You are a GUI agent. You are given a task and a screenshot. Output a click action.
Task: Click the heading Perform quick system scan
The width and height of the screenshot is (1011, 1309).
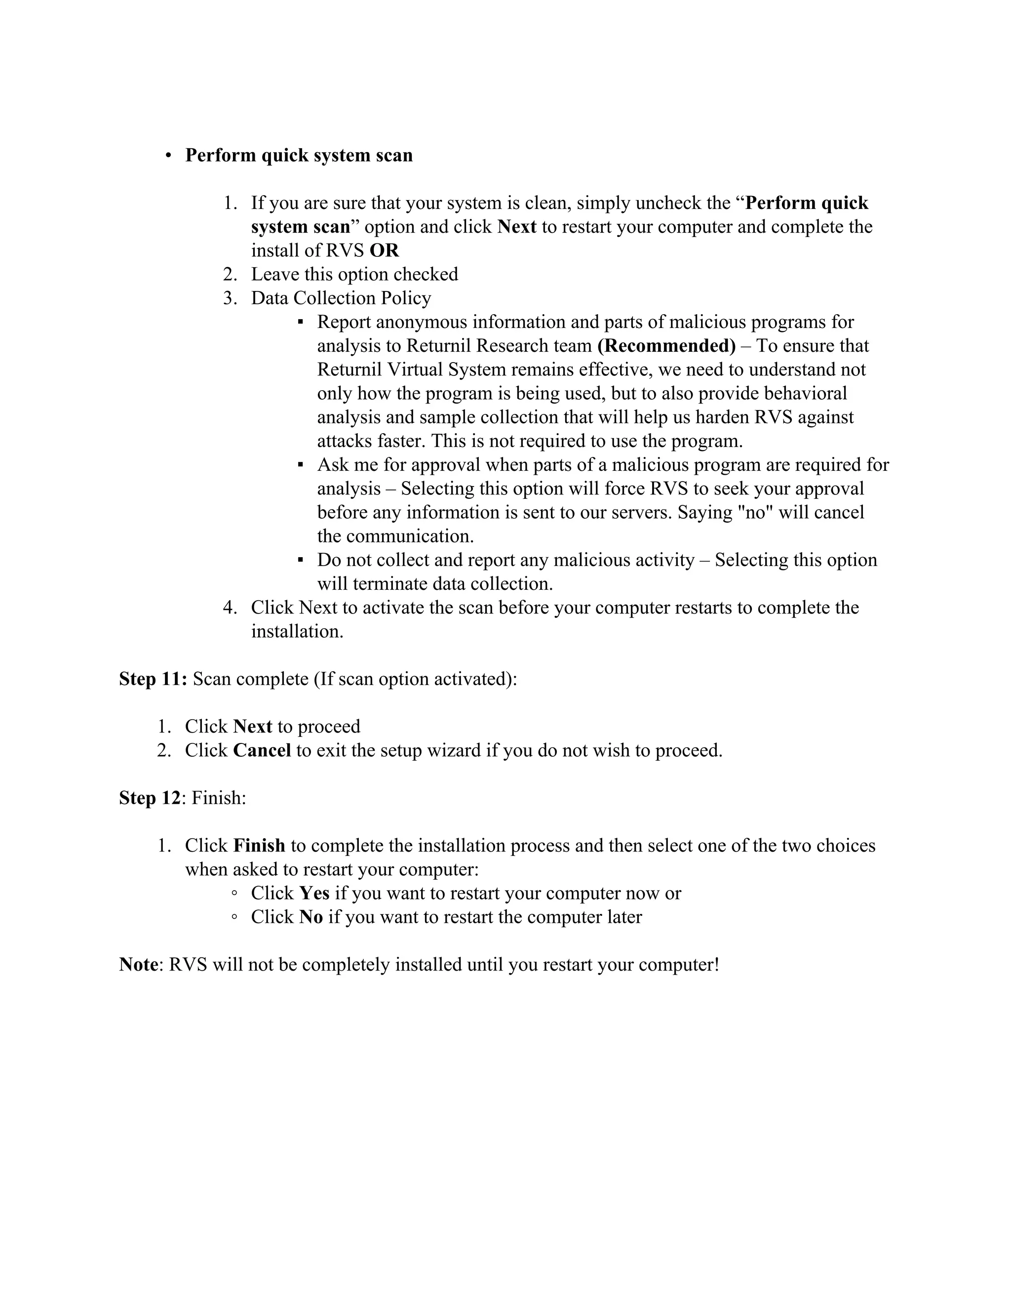(x=298, y=155)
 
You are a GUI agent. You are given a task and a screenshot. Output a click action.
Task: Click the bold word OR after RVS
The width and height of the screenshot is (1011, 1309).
(x=384, y=250)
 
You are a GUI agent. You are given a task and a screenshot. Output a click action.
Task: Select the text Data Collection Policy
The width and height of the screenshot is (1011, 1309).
(x=341, y=298)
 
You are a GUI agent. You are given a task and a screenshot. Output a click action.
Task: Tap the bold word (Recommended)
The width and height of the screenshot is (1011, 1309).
(x=666, y=346)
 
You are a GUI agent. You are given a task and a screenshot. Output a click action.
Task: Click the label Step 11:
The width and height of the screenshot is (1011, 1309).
(x=154, y=679)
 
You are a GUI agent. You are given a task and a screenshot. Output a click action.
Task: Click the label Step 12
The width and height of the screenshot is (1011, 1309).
(x=149, y=798)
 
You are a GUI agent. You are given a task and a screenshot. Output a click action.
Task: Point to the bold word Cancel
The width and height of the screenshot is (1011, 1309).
(x=262, y=750)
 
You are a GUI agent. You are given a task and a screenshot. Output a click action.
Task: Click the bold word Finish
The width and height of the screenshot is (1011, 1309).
(x=259, y=846)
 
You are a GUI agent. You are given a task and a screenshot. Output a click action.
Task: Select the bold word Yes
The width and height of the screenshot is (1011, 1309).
(x=314, y=893)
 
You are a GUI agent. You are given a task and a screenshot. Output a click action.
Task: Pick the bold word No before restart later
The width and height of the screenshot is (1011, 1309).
(x=311, y=917)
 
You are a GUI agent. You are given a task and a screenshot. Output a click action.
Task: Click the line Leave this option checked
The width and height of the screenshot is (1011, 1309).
(x=354, y=275)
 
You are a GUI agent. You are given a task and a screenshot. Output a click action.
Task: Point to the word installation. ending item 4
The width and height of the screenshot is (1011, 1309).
(x=297, y=631)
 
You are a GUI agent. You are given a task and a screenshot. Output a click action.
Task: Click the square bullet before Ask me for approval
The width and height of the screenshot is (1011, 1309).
(x=301, y=464)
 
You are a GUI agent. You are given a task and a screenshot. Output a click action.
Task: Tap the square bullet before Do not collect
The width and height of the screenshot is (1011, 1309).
(x=301, y=560)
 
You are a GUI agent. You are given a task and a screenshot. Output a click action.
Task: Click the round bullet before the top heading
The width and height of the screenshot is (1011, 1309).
(x=169, y=156)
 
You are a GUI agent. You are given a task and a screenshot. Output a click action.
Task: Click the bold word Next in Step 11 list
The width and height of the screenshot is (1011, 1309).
(x=252, y=727)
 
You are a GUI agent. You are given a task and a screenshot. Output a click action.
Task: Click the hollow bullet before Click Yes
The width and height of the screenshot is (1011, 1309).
(x=235, y=894)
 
